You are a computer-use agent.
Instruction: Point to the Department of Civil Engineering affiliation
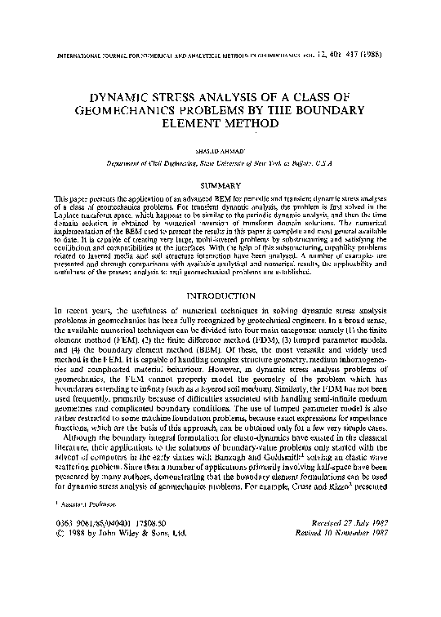(x=220, y=164)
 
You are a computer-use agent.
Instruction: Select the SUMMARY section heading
(x=220, y=186)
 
